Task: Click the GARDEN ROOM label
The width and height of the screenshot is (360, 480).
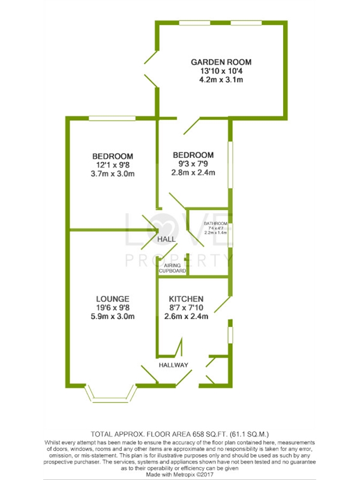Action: coord(221,62)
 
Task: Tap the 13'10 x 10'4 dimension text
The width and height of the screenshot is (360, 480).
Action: coord(221,71)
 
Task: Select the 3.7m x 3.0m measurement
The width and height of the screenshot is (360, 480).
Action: coord(113,175)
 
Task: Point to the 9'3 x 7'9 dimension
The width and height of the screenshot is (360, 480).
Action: coord(193,164)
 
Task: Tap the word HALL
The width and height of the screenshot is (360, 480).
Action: coord(166,239)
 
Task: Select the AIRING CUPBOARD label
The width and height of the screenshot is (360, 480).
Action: coord(173,269)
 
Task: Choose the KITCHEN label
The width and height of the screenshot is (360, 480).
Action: coord(186,299)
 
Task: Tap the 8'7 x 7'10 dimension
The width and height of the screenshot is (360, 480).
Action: coord(187,308)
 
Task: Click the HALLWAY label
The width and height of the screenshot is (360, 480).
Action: coord(173,365)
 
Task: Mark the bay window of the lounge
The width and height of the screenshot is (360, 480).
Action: coord(110,393)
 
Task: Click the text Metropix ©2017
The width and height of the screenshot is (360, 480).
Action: coord(197,475)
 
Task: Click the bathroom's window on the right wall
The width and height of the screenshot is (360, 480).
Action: coord(232,234)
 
